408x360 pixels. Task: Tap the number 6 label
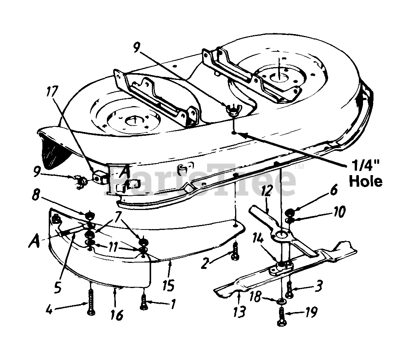coord(333,191)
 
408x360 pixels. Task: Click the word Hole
coord(366,181)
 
